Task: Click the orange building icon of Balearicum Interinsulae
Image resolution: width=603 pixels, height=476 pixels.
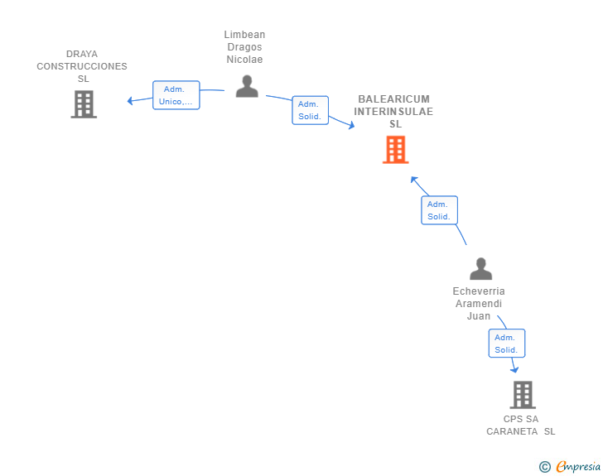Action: (395, 150)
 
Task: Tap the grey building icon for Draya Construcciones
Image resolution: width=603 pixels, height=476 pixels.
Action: (83, 104)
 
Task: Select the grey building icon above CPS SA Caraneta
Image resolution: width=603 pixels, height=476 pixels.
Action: (522, 395)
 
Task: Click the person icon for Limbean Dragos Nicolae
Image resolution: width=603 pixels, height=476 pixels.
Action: (246, 86)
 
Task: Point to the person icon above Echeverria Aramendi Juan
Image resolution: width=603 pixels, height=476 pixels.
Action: (480, 268)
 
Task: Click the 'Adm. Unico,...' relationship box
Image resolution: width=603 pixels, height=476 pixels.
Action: (176, 95)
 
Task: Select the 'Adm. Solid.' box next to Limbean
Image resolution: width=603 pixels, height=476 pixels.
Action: (310, 110)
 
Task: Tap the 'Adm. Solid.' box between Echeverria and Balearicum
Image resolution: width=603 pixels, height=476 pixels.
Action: (438, 210)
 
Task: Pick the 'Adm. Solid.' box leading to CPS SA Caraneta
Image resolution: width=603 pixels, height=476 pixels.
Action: (506, 344)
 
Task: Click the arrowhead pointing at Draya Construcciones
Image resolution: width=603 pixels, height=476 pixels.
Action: (130, 101)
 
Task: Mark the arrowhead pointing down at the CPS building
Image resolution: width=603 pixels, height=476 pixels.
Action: (514, 370)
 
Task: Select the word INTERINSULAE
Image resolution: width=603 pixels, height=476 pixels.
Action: (394, 112)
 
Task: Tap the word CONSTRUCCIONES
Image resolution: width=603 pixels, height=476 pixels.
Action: (82, 66)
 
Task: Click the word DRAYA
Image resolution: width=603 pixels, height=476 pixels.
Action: (82, 54)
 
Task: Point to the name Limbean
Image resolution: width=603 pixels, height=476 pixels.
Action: (244, 35)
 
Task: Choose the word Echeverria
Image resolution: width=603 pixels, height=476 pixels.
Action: (479, 291)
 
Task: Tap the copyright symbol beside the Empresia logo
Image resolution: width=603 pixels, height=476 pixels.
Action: (544, 467)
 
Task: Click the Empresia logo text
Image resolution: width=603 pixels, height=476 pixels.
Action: (578, 467)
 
